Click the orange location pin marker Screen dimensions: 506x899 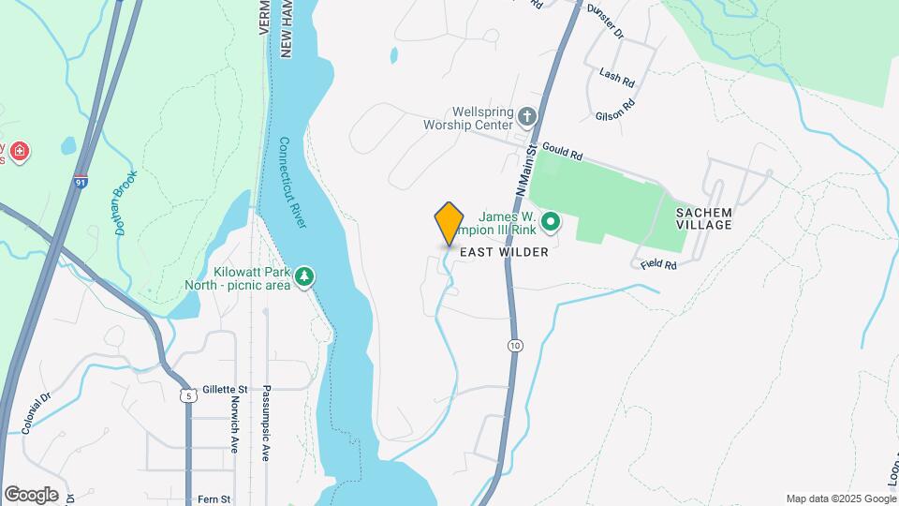449,223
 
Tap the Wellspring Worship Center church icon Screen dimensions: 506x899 527,117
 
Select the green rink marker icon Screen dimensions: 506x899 552,222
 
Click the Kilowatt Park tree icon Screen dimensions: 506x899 303,276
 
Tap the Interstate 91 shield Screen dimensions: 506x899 82,181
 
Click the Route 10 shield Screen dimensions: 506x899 515,346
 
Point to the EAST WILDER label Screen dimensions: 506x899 505,253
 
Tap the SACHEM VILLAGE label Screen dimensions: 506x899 716,219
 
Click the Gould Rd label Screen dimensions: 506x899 563,150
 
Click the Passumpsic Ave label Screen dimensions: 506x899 266,423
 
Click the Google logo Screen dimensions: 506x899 31,495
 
